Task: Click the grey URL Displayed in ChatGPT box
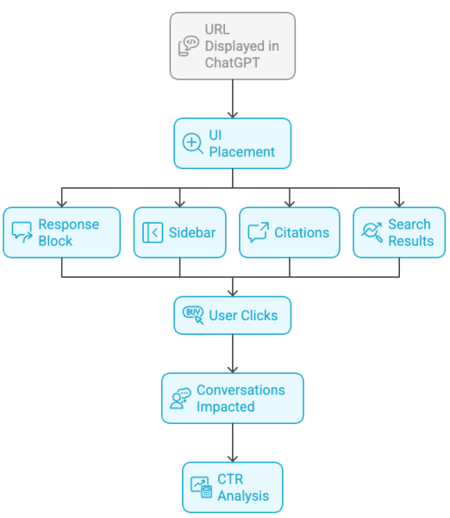point(233,46)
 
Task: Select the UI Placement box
point(233,143)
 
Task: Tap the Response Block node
point(61,232)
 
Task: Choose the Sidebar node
point(180,232)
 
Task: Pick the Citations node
point(289,232)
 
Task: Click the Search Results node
point(399,232)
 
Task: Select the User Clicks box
point(233,315)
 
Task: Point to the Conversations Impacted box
point(233,398)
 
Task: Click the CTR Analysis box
point(233,487)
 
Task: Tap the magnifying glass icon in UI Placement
point(192,143)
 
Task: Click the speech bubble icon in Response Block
point(22,232)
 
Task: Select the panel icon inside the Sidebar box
point(153,232)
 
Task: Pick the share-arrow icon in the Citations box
point(258,232)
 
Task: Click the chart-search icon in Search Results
point(372,232)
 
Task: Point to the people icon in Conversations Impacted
point(180,398)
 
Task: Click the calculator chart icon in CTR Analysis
point(201,487)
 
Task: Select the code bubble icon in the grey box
point(189,46)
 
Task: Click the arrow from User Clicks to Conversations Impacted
point(233,353)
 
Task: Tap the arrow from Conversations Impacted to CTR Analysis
point(233,443)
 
